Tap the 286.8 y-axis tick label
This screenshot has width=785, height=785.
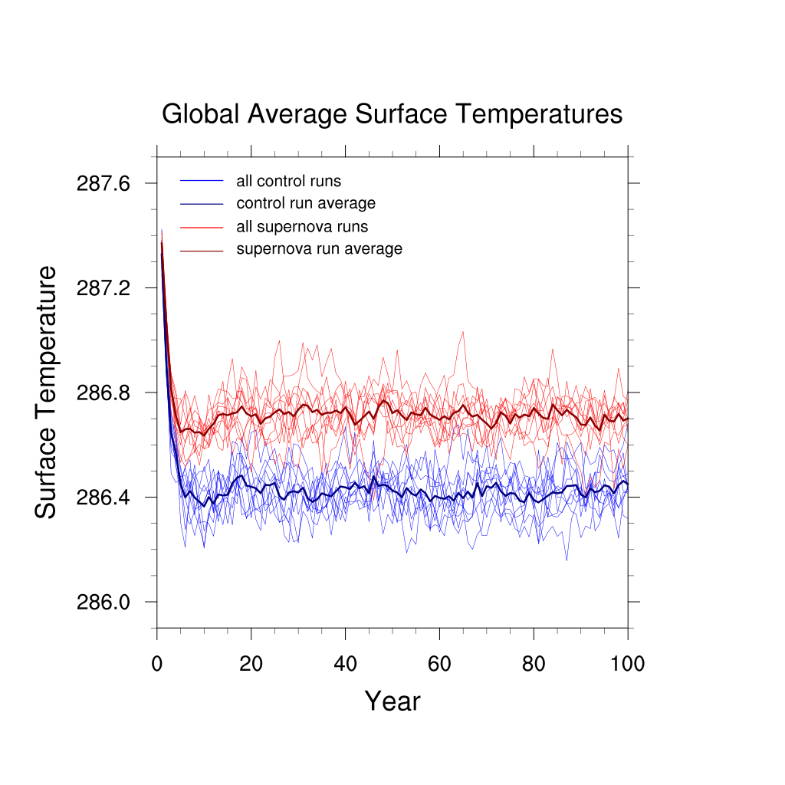click(x=104, y=393)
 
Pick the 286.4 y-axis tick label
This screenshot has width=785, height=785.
click(x=104, y=498)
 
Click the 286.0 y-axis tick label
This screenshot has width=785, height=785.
click(x=104, y=603)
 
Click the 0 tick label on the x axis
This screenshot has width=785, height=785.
click(x=157, y=663)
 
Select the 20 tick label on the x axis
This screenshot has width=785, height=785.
click(x=251, y=663)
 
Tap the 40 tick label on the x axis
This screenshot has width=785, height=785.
click(x=345, y=663)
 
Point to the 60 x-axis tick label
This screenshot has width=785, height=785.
click(x=439, y=663)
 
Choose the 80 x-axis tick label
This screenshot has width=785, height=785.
click(x=534, y=663)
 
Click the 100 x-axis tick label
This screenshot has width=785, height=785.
click(x=628, y=663)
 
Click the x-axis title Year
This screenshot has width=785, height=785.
click(x=392, y=701)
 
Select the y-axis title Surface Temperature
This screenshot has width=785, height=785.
click(x=47, y=392)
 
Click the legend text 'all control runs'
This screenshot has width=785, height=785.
click(x=289, y=182)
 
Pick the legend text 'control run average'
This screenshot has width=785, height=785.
click(x=306, y=204)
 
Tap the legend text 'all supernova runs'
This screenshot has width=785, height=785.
click(x=302, y=227)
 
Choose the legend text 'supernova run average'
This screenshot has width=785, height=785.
click(x=319, y=249)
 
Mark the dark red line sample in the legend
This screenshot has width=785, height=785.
click(x=202, y=250)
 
